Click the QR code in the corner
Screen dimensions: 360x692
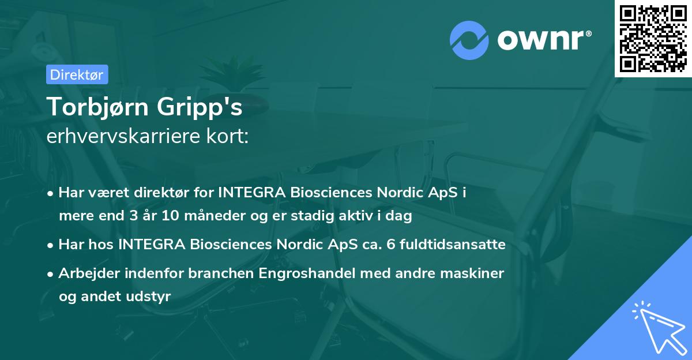tap(653, 38)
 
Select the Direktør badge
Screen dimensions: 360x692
tap(77, 74)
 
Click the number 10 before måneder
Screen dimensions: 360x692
tap(172, 217)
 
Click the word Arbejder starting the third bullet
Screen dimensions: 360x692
tap(86, 273)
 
